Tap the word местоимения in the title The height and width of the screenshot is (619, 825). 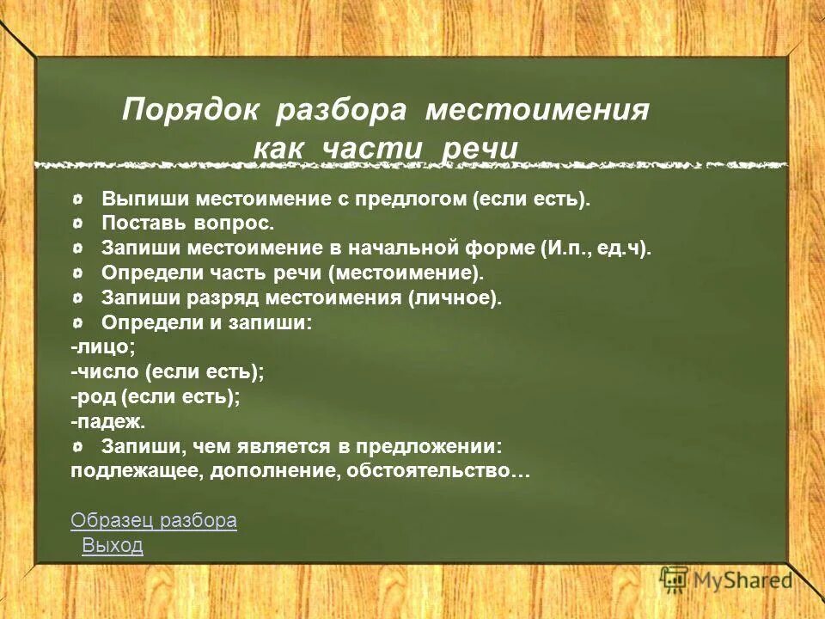pyautogui.click(x=538, y=111)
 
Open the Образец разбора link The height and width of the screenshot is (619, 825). pyautogui.click(x=154, y=520)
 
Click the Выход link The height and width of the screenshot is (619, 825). pyautogui.click(x=113, y=545)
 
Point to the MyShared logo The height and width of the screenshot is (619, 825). pyautogui.click(x=725, y=579)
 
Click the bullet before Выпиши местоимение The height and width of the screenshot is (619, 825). pyautogui.click(x=79, y=199)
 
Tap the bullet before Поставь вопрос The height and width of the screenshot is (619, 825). pyautogui.click(x=79, y=224)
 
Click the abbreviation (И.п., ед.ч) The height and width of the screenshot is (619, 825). pyautogui.click(x=596, y=248)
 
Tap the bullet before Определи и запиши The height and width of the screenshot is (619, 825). pyautogui.click(x=79, y=323)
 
